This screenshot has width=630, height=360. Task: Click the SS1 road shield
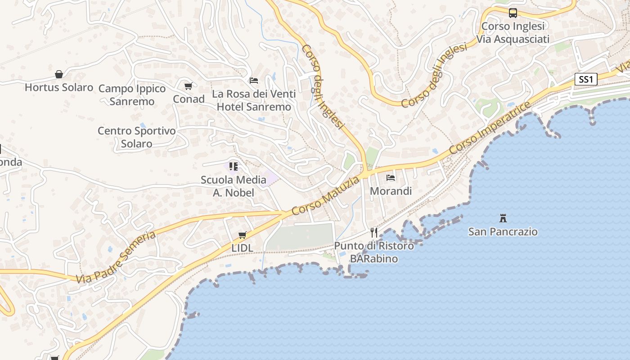[x=585, y=80]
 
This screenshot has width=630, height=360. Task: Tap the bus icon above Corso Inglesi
[x=513, y=13]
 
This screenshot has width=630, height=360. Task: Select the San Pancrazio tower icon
[x=503, y=218]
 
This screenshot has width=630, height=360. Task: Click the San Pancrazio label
[x=503, y=232]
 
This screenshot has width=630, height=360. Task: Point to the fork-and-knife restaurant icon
[x=373, y=232]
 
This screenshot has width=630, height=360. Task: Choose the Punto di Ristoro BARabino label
[x=374, y=252]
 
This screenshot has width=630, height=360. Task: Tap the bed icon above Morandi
[x=391, y=178]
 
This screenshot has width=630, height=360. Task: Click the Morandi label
[x=391, y=191]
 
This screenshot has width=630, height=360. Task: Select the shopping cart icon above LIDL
[x=243, y=235]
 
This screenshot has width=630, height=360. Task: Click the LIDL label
[x=242, y=248]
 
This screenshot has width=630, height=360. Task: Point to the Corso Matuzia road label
[x=326, y=196]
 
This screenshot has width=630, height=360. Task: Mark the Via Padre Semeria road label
[x=116, y=257]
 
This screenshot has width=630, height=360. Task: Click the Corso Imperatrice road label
[x=490, y=128]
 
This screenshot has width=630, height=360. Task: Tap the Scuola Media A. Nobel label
[x=234, y=186]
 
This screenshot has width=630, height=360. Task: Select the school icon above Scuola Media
[x=234, y=166]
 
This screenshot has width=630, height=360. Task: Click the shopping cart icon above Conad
[x=189, y=86]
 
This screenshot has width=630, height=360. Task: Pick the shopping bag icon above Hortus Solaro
[x=59, y=74]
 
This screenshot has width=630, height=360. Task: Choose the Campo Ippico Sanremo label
[x=132, y=95]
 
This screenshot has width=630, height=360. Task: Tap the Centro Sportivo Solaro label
[x=136, y=137]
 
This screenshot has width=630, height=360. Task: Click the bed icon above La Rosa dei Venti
[x=254, y=81]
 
